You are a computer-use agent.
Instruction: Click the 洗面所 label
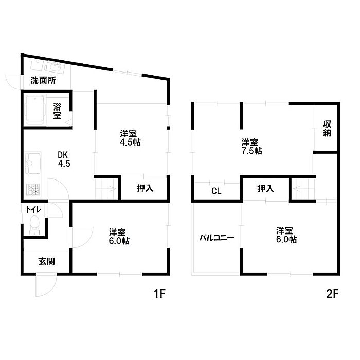(43, 80)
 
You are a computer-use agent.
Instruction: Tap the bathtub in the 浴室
(35, 110)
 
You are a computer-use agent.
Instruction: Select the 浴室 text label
(58, 111)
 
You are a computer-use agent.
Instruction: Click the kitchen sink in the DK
(33, 163)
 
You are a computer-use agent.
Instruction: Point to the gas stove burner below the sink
(33, 190)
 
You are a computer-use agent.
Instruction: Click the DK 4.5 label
(64, 159)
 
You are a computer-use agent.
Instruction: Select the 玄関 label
(47, 261)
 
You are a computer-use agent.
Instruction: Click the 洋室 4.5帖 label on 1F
(131, 138)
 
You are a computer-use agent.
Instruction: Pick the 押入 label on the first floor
(145, 188)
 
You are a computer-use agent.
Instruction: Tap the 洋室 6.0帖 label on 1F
(119, 237)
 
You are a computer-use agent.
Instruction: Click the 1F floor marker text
(159, 294)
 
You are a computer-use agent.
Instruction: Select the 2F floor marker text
(332, 294)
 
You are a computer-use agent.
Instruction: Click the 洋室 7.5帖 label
(251, 147)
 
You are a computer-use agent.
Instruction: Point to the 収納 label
(327, 129)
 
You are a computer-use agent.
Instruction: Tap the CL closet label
(217, 191)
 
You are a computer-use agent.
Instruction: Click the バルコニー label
(217, 238)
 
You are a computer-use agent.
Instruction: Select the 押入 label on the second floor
(266, 189)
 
